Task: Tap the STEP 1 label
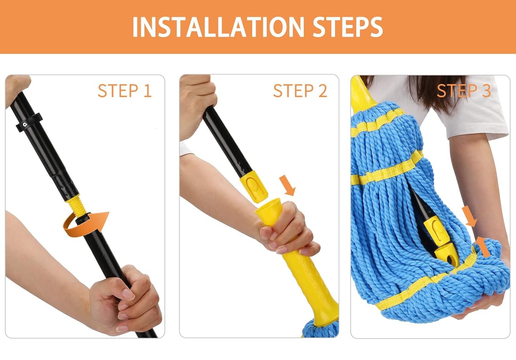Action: point(124,91)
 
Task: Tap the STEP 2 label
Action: point(300,91)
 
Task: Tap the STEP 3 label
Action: point(463,91)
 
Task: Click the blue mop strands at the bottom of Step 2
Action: point(322,329)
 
